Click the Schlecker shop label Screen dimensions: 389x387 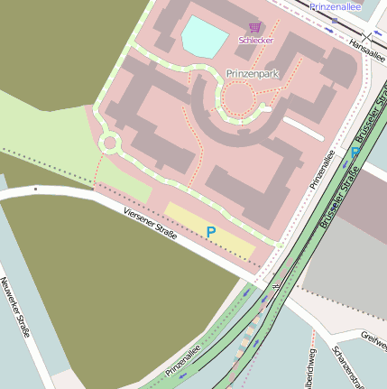(x=255, y=41)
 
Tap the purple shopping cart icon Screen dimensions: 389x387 (x=254, y=28)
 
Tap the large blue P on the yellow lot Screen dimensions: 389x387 (x=211, y=233)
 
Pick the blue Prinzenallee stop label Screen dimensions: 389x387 (x=335, y=6)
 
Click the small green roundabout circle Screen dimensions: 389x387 (x=110, y=143)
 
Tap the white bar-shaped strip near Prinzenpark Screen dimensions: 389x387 (x=302, y=128)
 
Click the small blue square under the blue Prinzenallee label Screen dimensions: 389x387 (x=335, y=19)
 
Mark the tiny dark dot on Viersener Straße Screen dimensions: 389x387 (x=34, y=190)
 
